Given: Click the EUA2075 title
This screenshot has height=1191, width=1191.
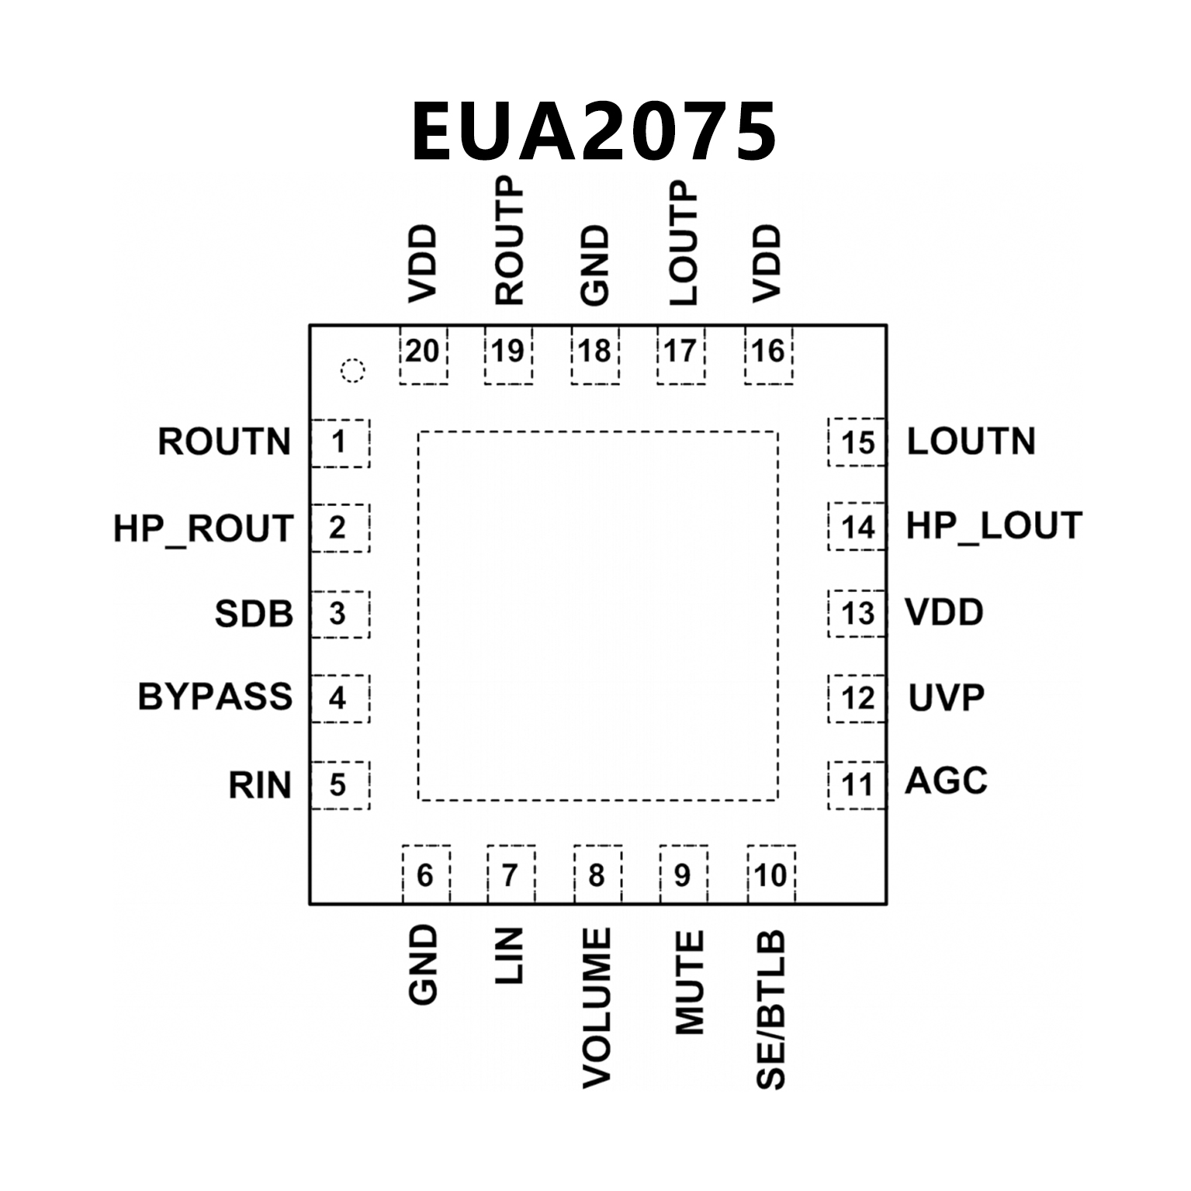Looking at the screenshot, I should click(x=594, y=132).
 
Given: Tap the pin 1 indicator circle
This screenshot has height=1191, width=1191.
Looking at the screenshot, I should click(x=352, y=371).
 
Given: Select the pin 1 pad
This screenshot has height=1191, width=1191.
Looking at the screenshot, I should click(x=339, y=443).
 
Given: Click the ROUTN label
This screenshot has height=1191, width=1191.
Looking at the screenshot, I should click(x=224, y=442).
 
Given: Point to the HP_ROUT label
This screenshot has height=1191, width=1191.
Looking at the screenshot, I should click(x=203, y=528).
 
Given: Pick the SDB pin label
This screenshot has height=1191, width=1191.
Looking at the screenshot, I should click(x=254, y=614).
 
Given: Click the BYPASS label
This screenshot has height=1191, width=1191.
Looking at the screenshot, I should click(x=215, y=697).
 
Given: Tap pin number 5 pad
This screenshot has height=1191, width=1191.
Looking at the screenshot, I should click(x=339, y=785).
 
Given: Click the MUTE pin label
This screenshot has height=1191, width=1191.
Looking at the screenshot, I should click(x=689, y=983).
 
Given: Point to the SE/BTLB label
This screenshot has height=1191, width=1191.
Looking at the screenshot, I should click(x=771, y=1009).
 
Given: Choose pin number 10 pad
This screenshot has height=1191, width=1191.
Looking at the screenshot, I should click(x=771, y=874).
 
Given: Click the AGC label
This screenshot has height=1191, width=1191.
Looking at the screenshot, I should click(x=946, y=781).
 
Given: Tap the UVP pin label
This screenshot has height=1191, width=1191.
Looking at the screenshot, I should click(x=946, y=698).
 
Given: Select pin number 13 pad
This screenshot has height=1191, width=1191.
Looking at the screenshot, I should click(x=857, y=614).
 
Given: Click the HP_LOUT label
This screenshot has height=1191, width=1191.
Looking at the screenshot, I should click(x=993, y=526).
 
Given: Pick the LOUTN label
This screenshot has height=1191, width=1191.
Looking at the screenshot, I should click(x=971, y=441).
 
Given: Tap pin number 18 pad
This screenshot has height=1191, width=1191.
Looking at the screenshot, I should click(x=595, y=355).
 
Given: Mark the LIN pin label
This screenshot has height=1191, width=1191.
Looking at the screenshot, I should click(x=510, y=956).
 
